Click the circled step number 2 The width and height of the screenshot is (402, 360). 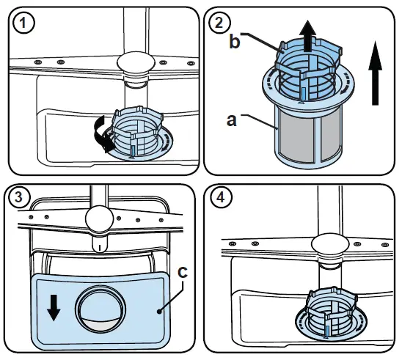click(x=218, y=23)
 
